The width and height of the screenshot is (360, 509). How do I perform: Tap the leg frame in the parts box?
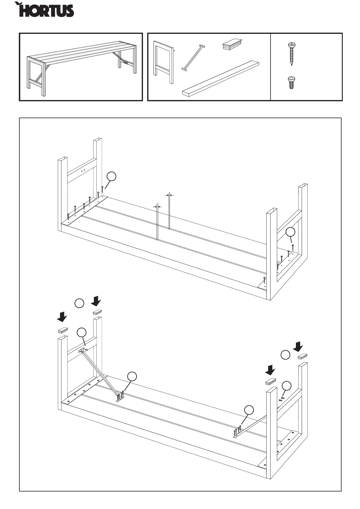click(164, 62)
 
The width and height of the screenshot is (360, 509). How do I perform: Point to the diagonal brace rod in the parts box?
click(193, 57)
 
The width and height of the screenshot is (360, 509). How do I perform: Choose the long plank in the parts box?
click(221, 79)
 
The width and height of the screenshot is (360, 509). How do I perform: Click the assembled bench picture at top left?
click(81, 67)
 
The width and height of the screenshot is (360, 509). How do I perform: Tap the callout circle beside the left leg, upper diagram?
click(112, 177)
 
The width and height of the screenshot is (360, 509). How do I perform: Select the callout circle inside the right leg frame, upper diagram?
click(290, 232)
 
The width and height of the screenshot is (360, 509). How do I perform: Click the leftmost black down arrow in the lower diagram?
click(62, 317)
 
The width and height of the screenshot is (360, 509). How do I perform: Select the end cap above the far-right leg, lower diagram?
click(303, 357)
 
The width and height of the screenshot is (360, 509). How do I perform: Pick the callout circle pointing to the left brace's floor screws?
click(131, 376)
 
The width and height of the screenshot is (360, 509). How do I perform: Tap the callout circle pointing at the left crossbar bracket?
click(81, 332)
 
